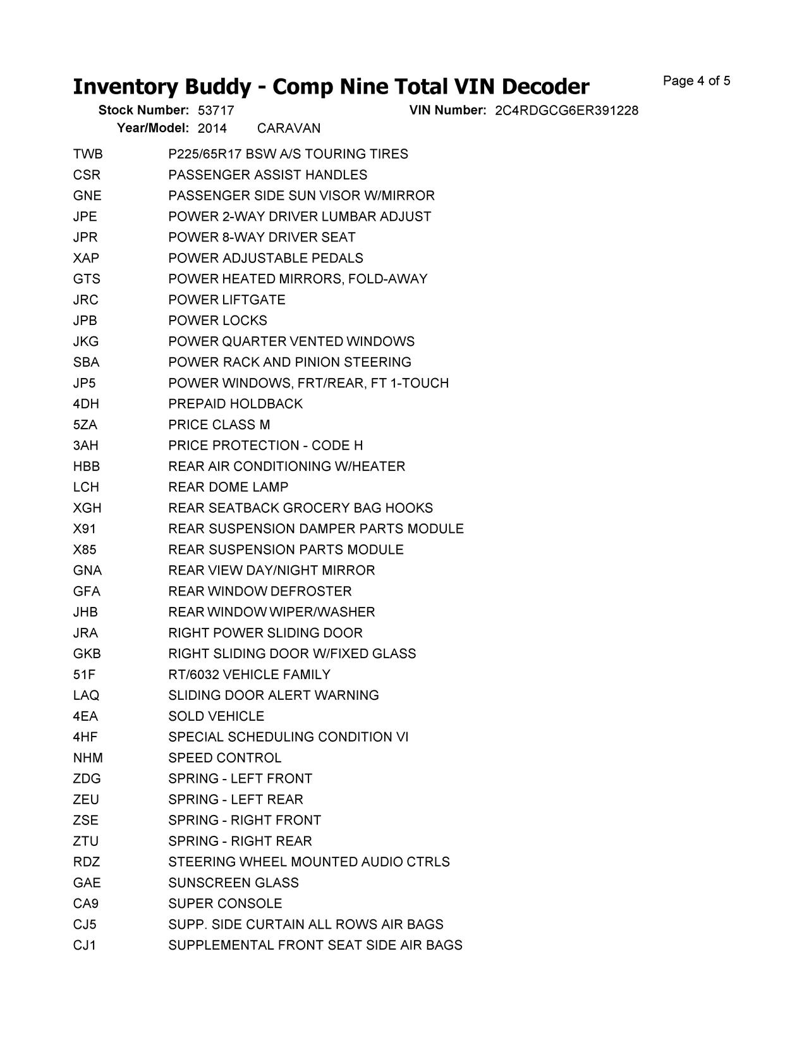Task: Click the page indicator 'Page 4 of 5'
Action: [696, 81]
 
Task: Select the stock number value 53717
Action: [216, 111]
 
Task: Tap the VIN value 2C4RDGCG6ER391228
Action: [566, 111]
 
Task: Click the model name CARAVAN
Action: [289, 128]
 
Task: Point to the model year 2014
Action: [212, 128]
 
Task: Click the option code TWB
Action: [88, 154]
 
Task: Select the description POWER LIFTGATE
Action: [227, 300]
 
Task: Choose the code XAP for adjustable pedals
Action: [86, 258]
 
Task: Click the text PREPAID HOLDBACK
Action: [236, 404]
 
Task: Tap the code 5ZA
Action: [85, 425]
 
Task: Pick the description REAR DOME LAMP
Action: [228, 487]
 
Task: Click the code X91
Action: [85, 529]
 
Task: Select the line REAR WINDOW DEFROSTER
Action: [260, 591]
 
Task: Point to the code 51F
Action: [84, 675]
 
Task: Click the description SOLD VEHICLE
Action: [216, 716]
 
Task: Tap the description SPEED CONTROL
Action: [225, 758]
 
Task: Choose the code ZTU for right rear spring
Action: [86, 842]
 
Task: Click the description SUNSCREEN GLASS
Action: [233, 883]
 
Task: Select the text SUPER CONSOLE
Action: [225, 903]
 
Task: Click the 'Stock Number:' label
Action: [143, 111]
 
